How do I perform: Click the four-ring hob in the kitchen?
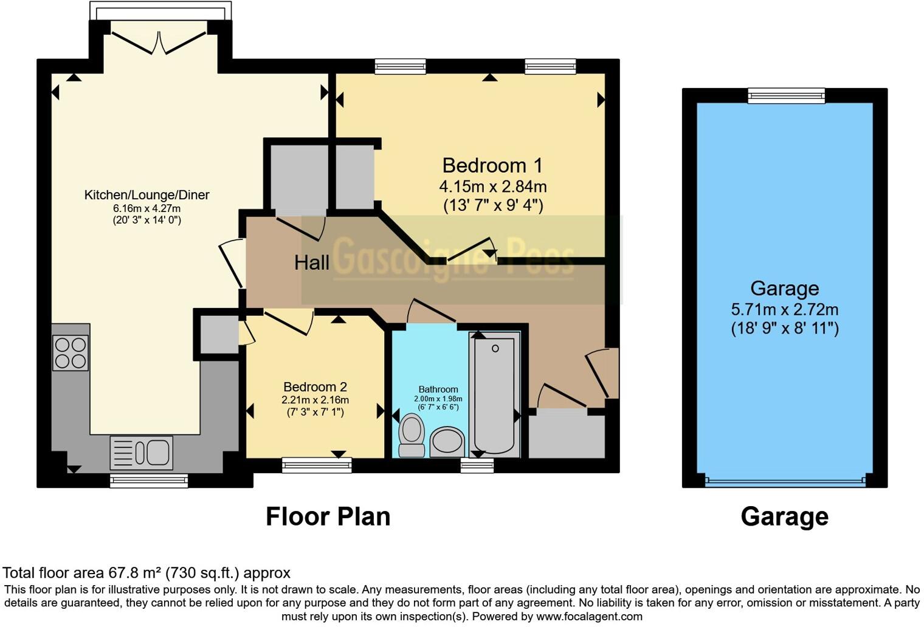point(71,353)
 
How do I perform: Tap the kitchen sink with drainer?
point(142,453)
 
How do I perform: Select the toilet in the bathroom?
point(412,434)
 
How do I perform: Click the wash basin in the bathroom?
point(447,442)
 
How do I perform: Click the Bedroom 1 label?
point(492,165)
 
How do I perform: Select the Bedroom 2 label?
point(315,387)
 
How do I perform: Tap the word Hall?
point(311,262)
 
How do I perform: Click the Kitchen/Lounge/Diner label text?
point(147,195)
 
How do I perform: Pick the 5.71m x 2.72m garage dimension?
point(784,309)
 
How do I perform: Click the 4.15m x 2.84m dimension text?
point(492,187)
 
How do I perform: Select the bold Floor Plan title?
point(328,516)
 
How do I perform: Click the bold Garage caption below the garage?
point(784,516)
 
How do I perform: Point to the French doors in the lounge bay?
point(160,43)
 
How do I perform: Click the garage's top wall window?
point(786,95)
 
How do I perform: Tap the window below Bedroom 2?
point(317,466)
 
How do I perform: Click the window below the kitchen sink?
point(149,481)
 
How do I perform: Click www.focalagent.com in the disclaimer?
point(588,617)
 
